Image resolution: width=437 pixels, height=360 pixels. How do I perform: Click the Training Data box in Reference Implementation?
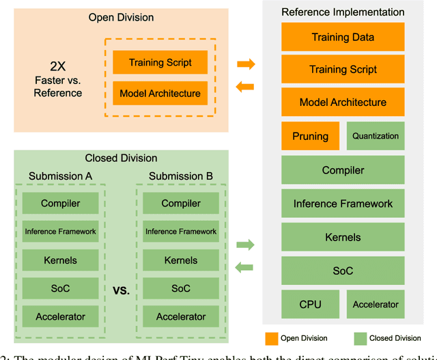tap(343, 37)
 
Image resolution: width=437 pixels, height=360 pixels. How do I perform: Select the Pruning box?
tap(311, 136)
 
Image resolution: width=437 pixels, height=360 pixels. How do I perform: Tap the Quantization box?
tap(375, 136)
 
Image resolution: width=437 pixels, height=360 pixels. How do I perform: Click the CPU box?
tap(311, 304)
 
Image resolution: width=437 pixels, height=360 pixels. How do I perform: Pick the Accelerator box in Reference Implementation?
tap(375, 304)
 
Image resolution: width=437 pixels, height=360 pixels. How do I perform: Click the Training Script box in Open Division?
tap(160, 63)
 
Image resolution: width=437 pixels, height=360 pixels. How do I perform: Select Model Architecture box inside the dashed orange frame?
tap(160, 94)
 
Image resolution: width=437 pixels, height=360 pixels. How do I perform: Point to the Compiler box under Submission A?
tap(61, 204)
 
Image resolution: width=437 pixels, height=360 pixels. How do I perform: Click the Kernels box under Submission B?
tap(181, 260)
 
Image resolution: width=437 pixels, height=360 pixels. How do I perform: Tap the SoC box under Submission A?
tap(61, 288)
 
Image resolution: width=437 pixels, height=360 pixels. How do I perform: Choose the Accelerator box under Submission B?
tap(181, 316)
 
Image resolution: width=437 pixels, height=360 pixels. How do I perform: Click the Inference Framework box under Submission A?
tap(61, 232)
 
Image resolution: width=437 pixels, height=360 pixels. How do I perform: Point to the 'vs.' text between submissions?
tap(121, 290)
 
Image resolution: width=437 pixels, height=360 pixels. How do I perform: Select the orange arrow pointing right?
tap(246, 64)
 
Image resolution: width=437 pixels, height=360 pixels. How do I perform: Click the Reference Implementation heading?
tap(343, 12)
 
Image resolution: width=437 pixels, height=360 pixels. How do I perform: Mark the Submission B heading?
tap(181, 176)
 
